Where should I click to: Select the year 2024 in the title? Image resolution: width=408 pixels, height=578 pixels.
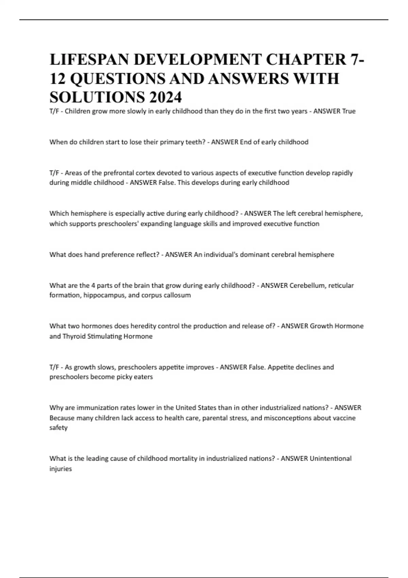[x=165, y=98]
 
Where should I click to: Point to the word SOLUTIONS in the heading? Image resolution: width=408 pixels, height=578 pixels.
[x=96, y=98]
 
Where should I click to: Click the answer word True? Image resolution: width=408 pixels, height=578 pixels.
[x=349, y=111]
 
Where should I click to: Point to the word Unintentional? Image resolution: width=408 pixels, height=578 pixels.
[x=330, y=458]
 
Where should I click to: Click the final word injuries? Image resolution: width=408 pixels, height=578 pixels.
[x=61, y=469]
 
